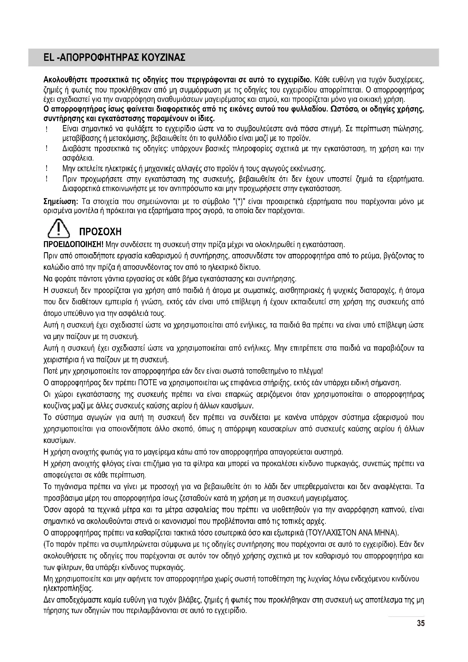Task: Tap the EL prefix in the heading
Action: (x=48, y=58)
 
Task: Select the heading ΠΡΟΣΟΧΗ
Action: (x=100, y=232)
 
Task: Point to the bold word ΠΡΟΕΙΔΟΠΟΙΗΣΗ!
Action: (x=73, y=245)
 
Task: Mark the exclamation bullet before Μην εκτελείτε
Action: (x=46, y=168)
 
